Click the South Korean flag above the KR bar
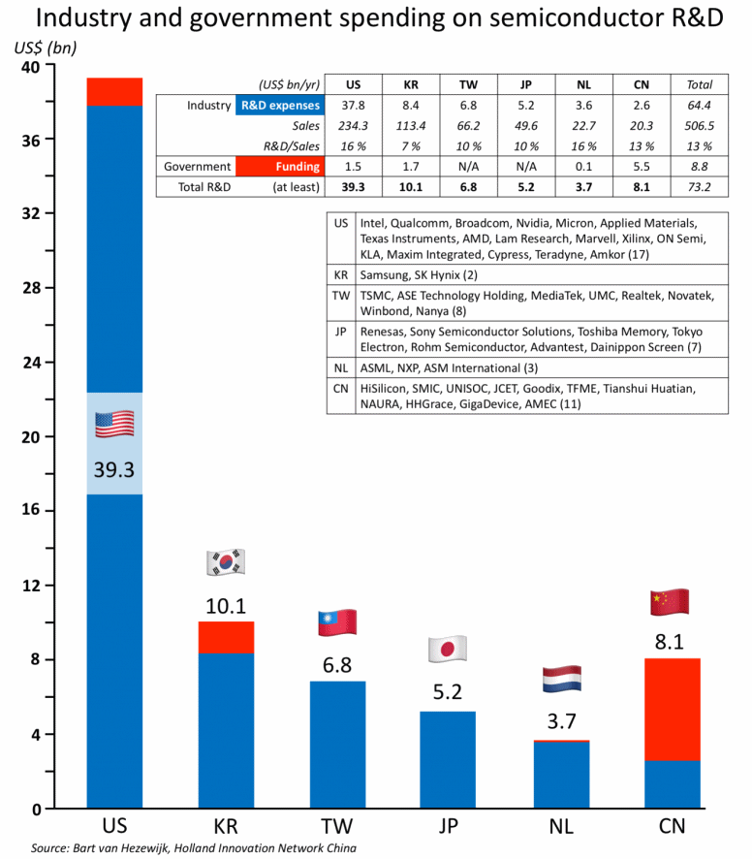pyautogui.click(x=226, y=562)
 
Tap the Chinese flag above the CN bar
pyautogui.click(x=671, y=602)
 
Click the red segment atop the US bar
pyautogui.click(x=114, y=91)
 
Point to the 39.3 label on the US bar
pyautogui.click(x=114, y=470)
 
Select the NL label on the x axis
pyautogui.click(x=559, y=827)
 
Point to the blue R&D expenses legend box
pyautogui.click(x=277, y=106)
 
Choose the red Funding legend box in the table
pyautogui.click(x=277, y=167)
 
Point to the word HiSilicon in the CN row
pyautogui.click(x=386, y=388)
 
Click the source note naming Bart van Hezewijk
pyautogui.click(x=179, y=848)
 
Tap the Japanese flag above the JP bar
pyautogui.click(x=448, y=648)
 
